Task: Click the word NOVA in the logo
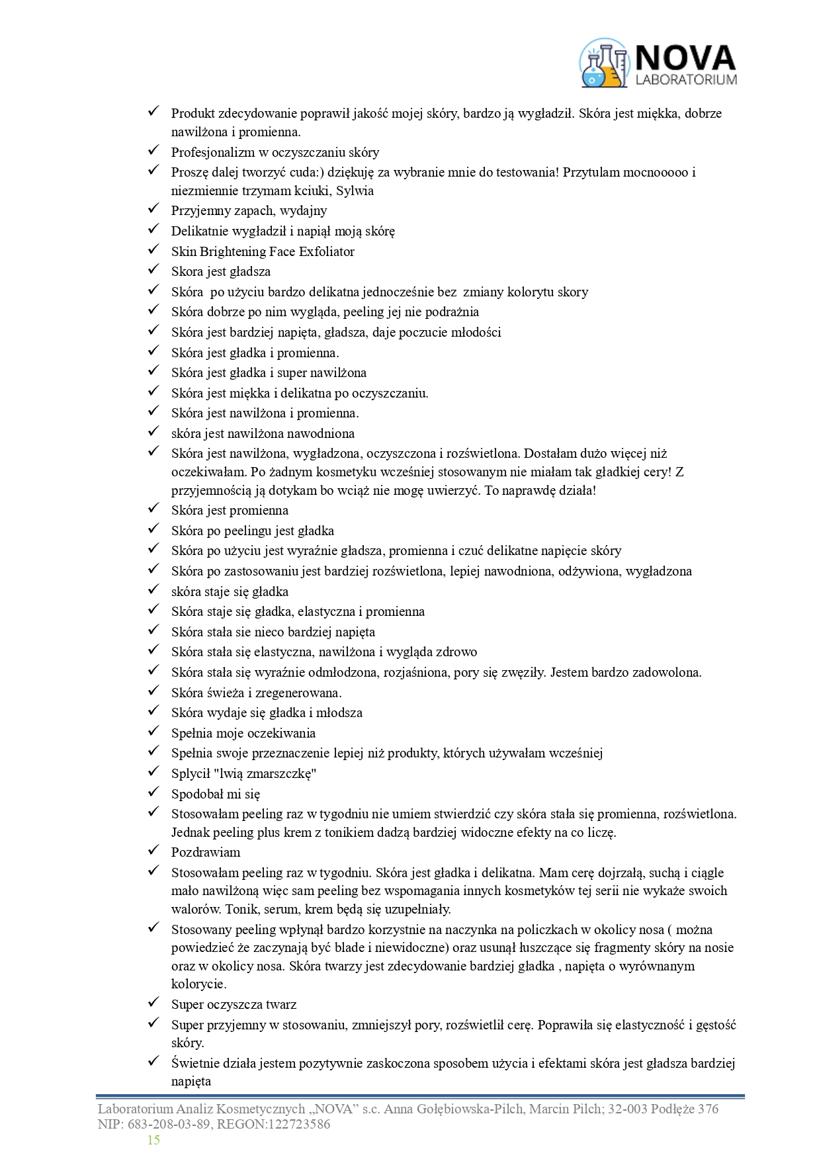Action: [x=685, y=58]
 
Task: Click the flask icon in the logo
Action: [x=603, y=64]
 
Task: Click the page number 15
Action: [x=153, y=1139]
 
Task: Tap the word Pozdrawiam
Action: [x=206, y=852]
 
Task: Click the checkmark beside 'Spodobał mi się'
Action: [x=154, y=792]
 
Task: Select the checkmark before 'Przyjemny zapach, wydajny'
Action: [x=154, y=209]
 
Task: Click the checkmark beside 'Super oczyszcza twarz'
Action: [x=154, y=1003]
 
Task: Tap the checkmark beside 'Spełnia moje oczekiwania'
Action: [x=154, y=731]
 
